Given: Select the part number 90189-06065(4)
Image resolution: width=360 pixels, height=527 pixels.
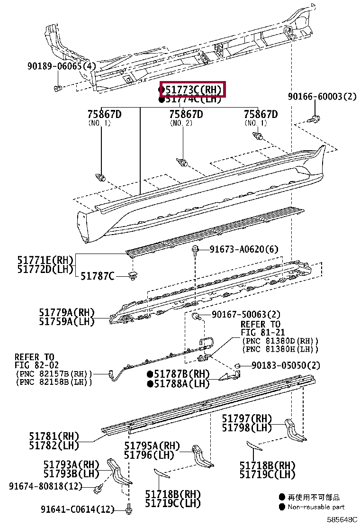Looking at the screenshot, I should point(61,66).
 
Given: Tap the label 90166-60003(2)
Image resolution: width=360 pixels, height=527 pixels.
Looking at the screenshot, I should point(322,97).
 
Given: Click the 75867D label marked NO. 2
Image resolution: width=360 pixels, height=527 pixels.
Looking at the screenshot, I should point(186,114).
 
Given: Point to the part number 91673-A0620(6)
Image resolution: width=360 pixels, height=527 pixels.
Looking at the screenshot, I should point(244,249).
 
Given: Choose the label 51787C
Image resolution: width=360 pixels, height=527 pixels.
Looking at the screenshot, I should point(97,275).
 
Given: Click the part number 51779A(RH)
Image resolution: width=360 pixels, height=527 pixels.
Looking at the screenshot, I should point(67,312).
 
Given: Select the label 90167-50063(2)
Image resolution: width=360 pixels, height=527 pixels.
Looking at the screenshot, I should point(246,315).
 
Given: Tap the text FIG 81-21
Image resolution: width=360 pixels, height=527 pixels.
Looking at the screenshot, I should point(262,333).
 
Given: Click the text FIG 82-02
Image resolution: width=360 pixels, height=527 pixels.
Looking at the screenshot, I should point(34,365).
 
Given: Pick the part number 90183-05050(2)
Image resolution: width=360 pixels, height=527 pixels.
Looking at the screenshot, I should point(286,365).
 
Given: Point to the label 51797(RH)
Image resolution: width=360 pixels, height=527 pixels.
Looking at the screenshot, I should point(247,418).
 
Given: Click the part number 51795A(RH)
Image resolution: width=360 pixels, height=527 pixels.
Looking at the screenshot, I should point(153,446).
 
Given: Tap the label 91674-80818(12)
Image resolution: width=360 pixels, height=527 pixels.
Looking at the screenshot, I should point(45,486).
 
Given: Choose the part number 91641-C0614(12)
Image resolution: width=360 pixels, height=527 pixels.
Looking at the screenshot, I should point(78,509).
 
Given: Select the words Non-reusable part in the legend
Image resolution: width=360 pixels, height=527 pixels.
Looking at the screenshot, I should point(316,507).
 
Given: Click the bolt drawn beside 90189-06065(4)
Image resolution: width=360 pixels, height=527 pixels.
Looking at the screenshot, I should point(57,89).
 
